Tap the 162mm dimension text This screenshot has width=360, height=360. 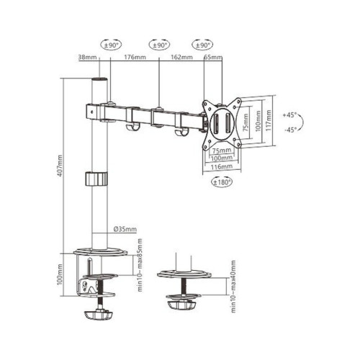[181, 57]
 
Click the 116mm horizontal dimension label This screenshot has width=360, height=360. [221, 166]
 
